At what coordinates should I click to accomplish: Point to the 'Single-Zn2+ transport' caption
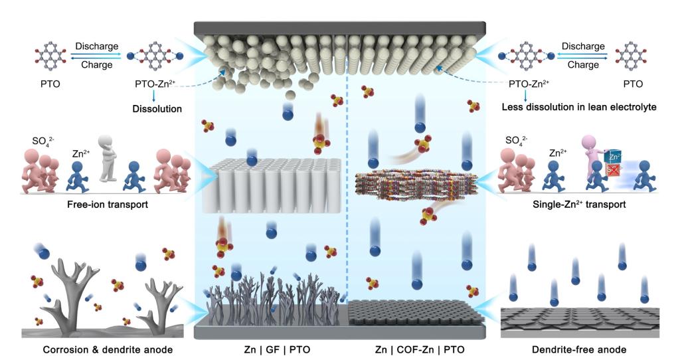pos(578,205)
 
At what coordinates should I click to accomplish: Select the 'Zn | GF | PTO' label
pos(272,349)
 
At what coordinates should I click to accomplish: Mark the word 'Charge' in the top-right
pos(583,65)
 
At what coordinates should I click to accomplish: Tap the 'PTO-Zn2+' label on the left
pos(155,85)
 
